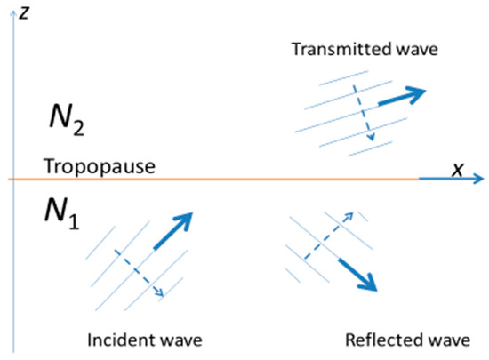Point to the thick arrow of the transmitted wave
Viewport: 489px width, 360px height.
(x=401, y=96)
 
